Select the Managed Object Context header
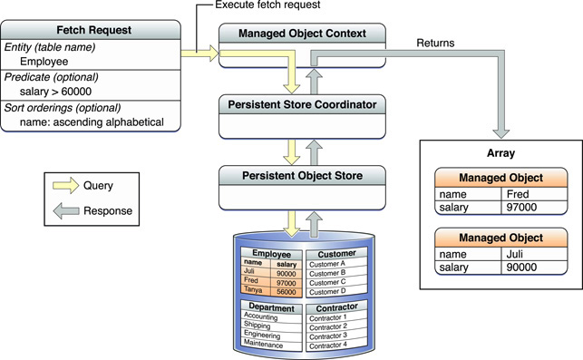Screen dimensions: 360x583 coord(302,34)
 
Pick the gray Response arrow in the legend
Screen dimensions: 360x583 coord(67,210)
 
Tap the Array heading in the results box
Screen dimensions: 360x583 coord(494,154)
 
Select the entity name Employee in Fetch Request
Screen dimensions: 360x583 coord(45,61)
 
